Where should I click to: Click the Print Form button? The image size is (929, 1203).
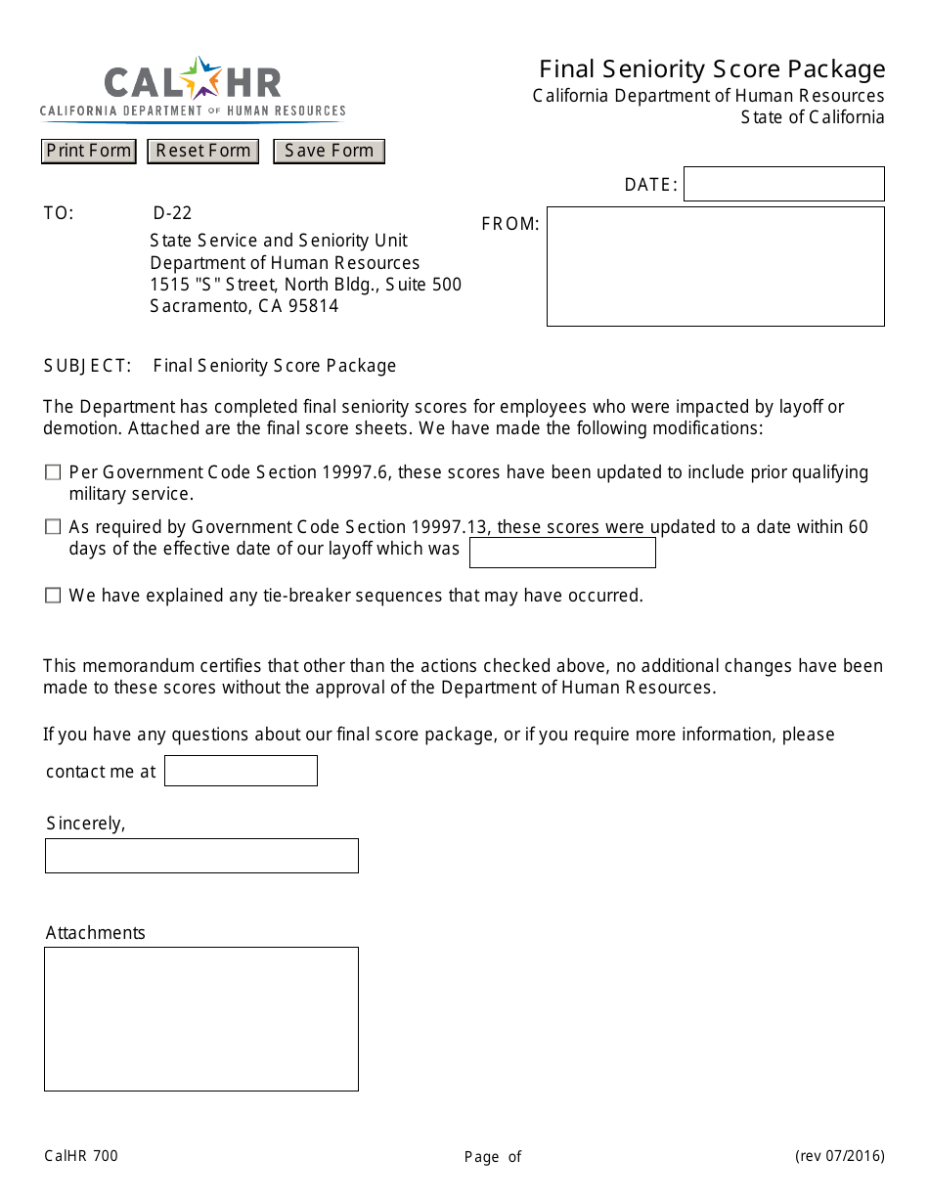pos(88,151)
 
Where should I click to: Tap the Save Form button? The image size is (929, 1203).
pos(329,151)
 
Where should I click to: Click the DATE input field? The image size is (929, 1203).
pos(783,184)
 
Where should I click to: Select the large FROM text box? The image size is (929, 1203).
pos(715,266)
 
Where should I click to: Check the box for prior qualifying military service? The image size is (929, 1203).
pos(53,472)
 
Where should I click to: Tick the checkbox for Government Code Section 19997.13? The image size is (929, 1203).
pos(53,527)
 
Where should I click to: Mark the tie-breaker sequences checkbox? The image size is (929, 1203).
pos(53,596)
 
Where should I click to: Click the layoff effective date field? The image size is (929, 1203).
pos(562,553)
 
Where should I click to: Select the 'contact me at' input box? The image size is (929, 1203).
pos(241,771)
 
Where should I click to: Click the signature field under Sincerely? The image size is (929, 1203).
pos(201,856)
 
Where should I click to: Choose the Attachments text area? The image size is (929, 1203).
pos(201,1018)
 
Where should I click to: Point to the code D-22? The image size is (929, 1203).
pos(172,213)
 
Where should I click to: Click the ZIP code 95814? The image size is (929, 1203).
pos(313,306)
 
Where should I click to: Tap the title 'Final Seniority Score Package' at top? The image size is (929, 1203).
pos(712,69)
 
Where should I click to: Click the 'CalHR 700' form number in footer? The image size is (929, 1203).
pos(81,1156)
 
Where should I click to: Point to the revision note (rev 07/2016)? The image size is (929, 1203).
pos(839,1156)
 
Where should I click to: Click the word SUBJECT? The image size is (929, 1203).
pos(86,366)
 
